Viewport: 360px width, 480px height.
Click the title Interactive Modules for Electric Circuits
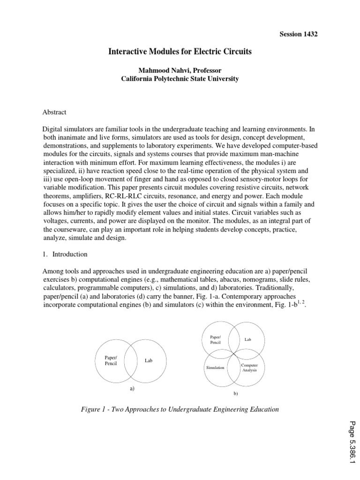coord(180,52)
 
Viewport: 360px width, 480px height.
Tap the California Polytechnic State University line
coord(180,79)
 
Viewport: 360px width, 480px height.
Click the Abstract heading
coord(55,112)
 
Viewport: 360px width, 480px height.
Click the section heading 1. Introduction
coord(65,254)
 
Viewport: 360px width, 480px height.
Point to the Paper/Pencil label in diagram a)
coord(111,361)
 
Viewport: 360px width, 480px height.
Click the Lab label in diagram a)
coord(149,361)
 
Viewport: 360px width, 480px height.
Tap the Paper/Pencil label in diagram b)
coord(216,340)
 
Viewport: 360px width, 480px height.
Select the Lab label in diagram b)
coord(248,339)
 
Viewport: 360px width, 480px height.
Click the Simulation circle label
coord(216,368)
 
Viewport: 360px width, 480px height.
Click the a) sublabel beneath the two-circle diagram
coord(132,389)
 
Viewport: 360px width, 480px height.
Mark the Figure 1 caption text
coord(180,409)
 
